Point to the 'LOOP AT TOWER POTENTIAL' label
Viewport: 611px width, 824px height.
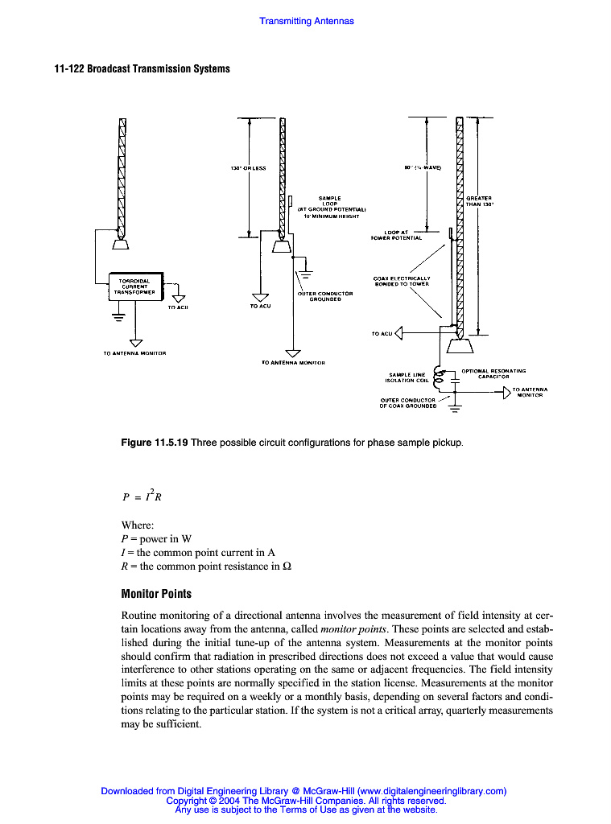396,235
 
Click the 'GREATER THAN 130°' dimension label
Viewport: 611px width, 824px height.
479,201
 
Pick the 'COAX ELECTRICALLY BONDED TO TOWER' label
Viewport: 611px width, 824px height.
402,282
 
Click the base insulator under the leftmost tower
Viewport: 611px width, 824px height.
123,244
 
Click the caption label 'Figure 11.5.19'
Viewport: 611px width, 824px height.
154,443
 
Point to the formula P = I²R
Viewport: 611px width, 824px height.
140,494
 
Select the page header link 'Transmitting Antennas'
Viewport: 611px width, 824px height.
306,21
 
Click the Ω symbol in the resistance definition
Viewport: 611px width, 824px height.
286,566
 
